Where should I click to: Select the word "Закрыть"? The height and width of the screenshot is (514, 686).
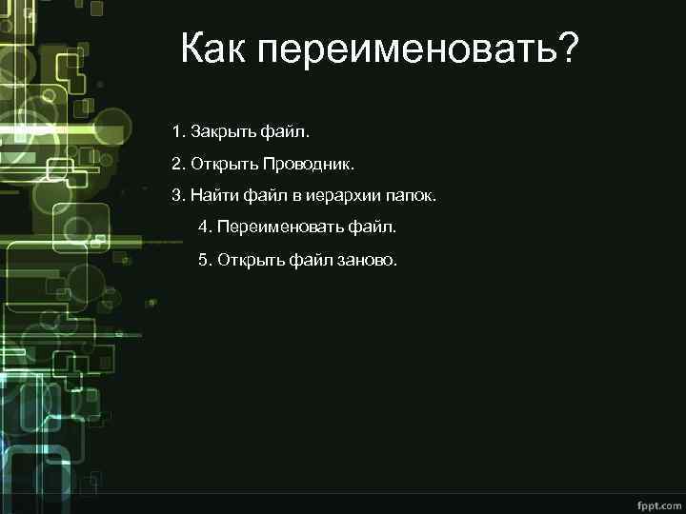click(x=218, y=129)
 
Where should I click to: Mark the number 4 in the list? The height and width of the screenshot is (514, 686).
click(x=203, y=228)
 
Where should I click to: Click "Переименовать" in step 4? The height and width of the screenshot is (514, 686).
click(x=277, y=228)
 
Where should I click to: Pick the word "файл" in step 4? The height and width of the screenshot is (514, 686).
click(x=376, y=228)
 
